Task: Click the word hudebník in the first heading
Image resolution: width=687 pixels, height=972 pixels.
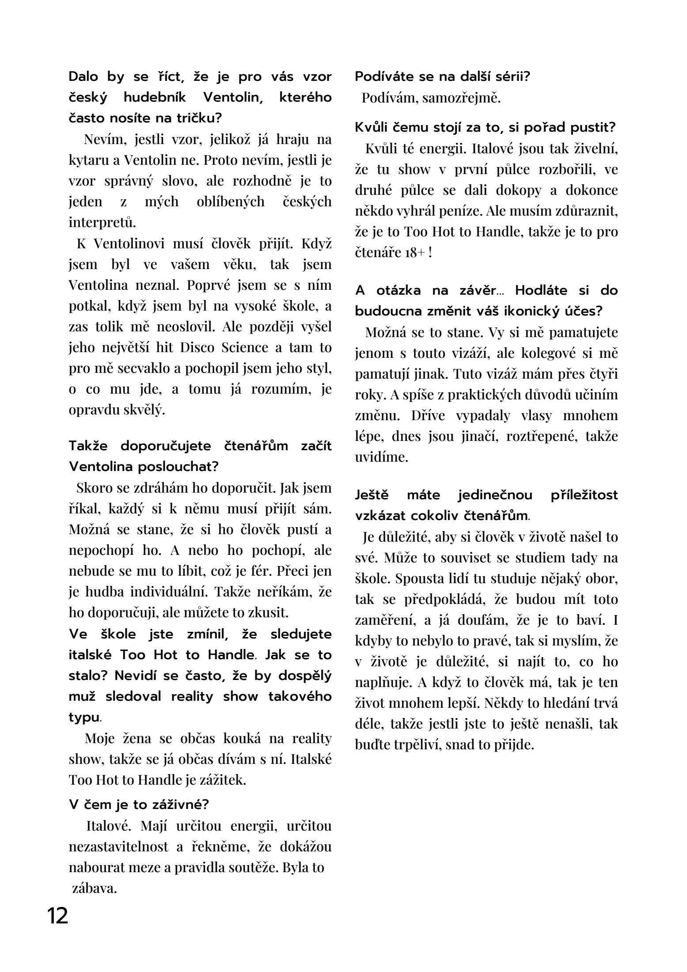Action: tap(154, 97)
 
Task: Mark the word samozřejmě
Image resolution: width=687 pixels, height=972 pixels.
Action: tap(461, 98)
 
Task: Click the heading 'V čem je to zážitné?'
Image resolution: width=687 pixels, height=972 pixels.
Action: tap(138, 805)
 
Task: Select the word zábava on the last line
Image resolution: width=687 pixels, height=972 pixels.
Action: tap(95, 888)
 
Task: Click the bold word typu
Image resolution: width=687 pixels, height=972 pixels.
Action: tap(84, 717)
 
